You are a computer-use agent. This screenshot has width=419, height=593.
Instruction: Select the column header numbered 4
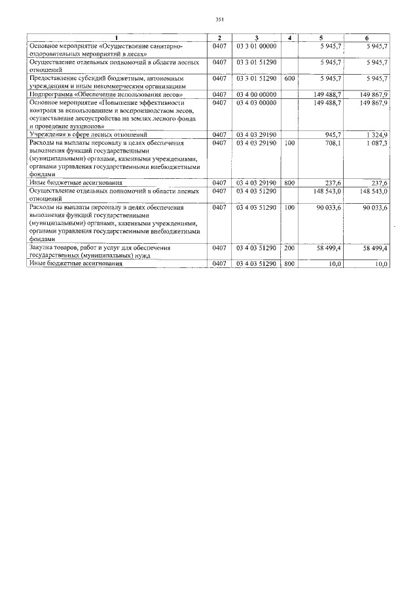click(x=289, y=37)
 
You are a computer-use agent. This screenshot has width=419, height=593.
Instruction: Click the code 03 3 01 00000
click(x=257, y=47)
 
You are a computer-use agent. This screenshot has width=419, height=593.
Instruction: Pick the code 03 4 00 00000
click(x=257, y=94)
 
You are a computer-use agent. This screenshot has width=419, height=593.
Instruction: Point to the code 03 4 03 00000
click(x=257, y=103)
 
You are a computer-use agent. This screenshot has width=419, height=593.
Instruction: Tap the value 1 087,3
click(x=376, y=143)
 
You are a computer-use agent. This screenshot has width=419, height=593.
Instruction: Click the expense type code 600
click(x=290, y=78)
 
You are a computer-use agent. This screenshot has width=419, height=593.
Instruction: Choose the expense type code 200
click(x=290, y=248)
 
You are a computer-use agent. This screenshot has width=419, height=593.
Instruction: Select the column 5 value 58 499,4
click(x=329, y=248)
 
